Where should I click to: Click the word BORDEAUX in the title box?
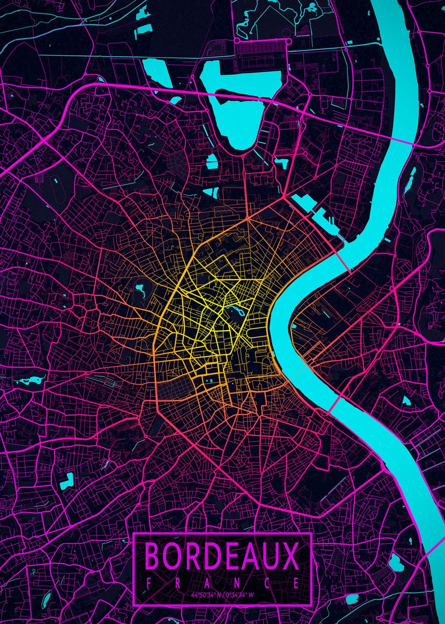coord(222,555)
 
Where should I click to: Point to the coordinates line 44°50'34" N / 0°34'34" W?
coord(222,594)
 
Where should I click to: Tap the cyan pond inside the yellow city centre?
coord(237,312)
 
